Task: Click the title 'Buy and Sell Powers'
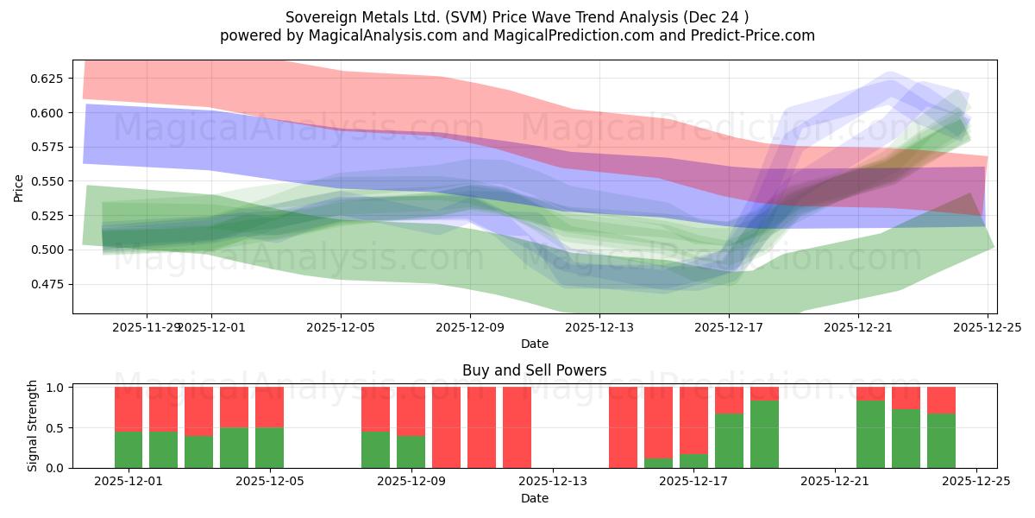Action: (534, 370)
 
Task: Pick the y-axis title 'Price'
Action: (18, 186)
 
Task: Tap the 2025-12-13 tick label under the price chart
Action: (599, 327)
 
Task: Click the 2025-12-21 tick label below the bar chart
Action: (835, 482)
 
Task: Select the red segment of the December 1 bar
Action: (129, 408)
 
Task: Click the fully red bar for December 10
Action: (481, 427)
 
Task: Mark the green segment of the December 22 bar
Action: (870, 434)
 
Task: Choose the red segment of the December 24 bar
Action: (941, 400)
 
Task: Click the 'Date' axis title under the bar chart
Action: (534, 498)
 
